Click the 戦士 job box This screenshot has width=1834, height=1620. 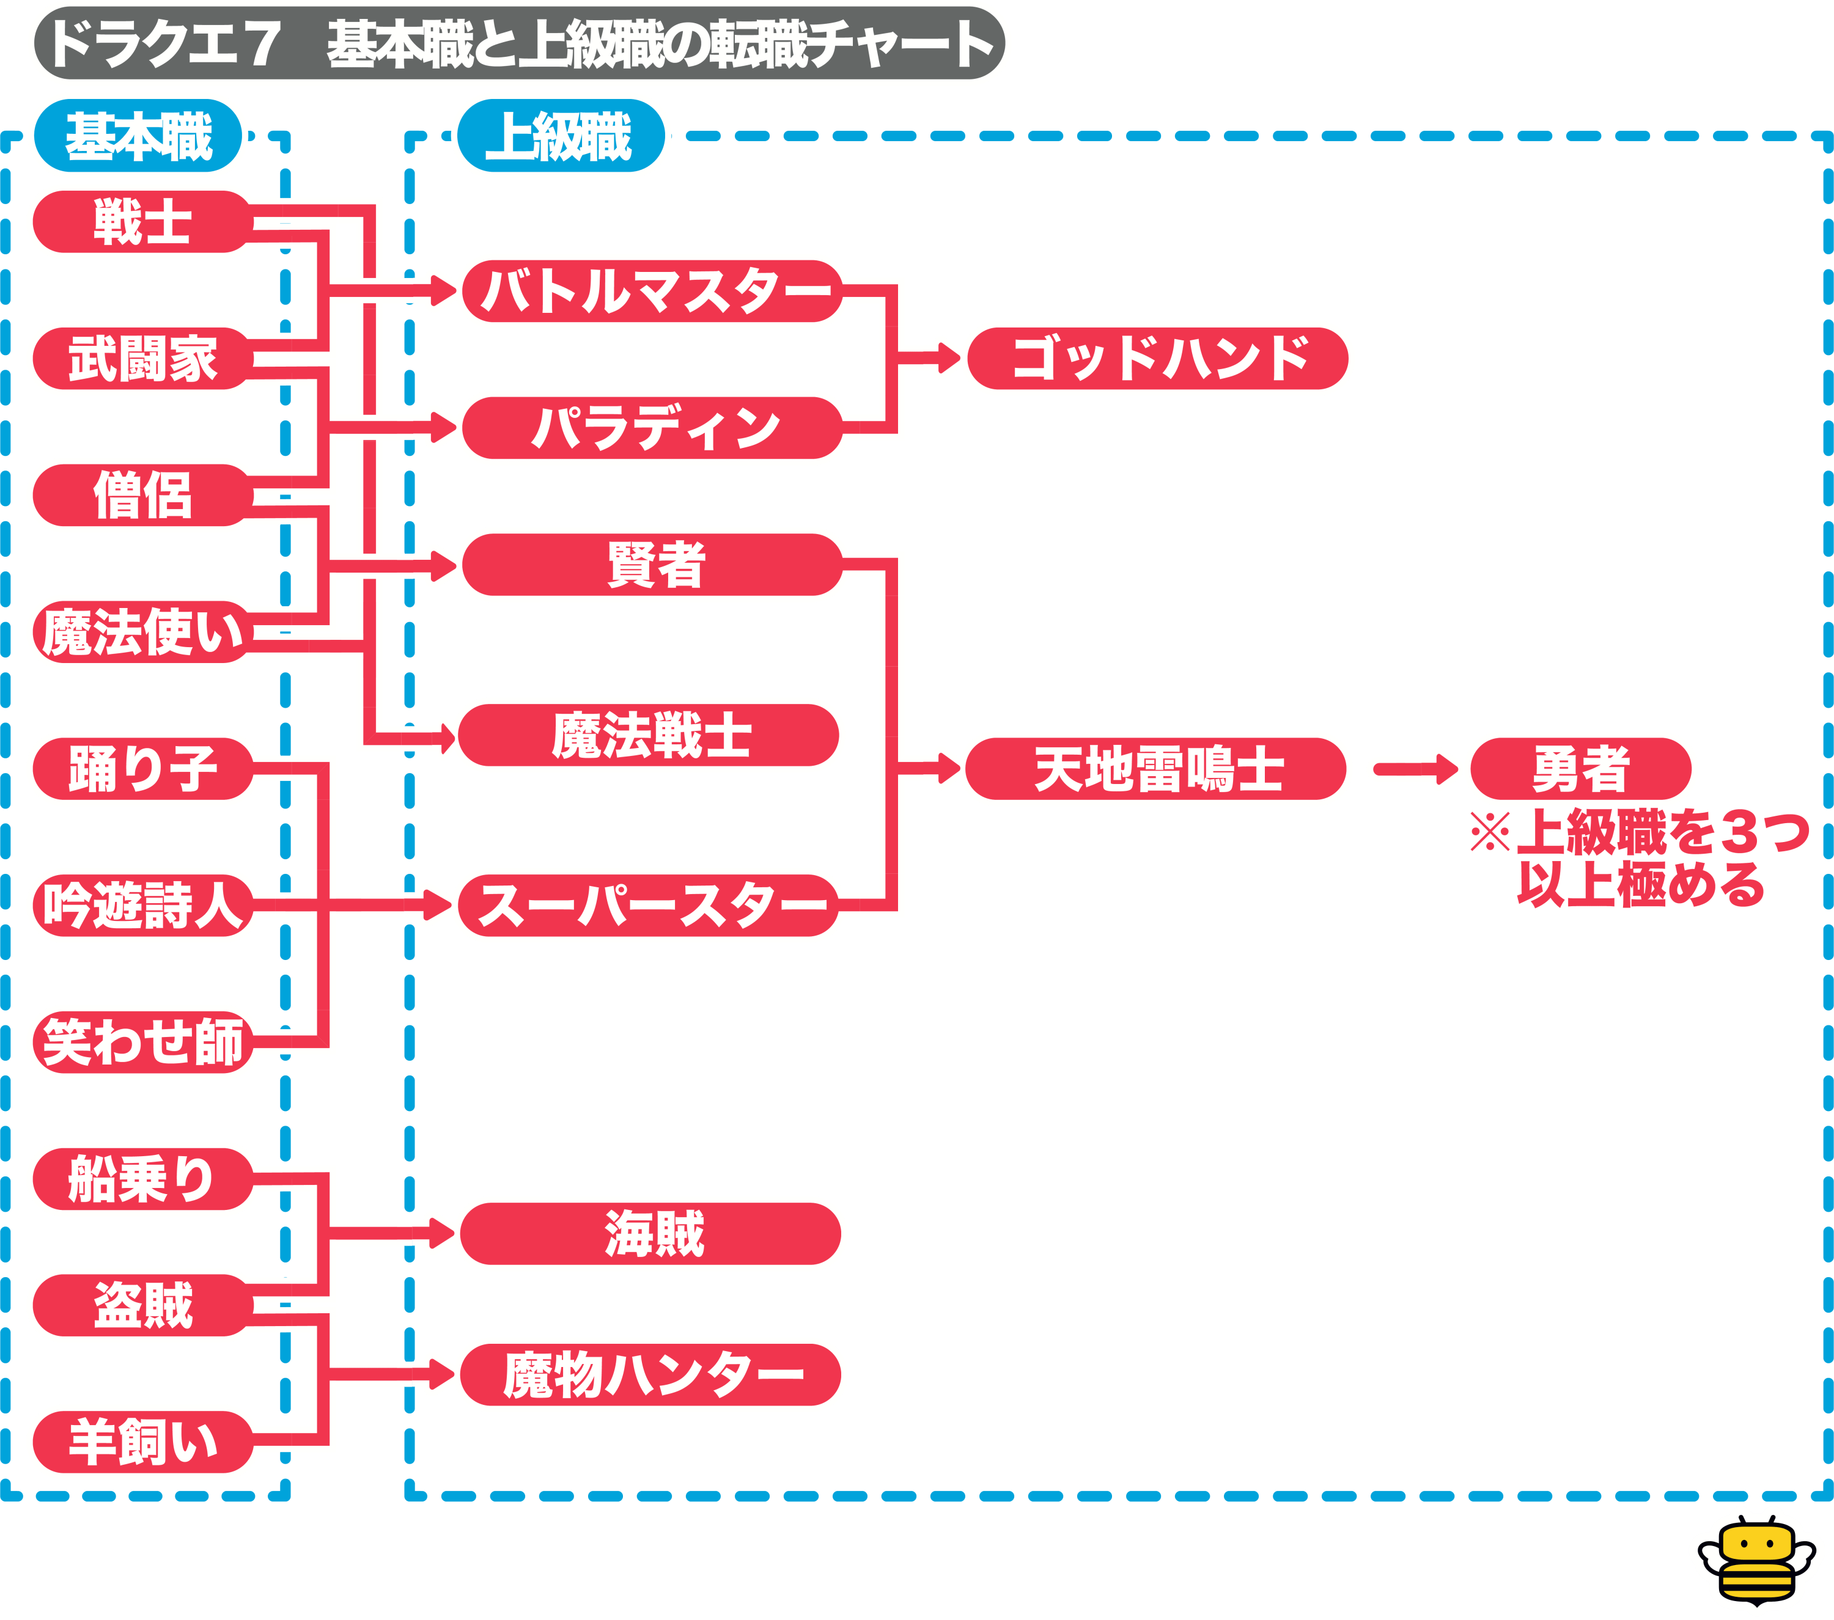pyautogui.click(x=142, y=222)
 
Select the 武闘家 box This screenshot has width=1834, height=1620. pyautogui.click(x=142, y=359)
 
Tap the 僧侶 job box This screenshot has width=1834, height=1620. pyautogui.click(x=142, y=495)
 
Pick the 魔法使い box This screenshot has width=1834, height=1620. pyautogui.click(x=142, y=632)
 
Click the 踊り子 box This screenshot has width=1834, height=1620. pyautogui.click(x=142, y=769)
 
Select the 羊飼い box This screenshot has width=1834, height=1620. pyautogui.click(x=142, y=1442)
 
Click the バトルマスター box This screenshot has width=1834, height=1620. pyautogui.click(x=652, y=291)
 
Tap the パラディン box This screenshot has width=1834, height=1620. pyautogui.click(x=652, y=428)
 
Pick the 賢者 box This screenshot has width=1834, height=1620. pyautogui.click(x=652, y=564)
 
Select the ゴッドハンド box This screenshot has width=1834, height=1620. pyautogui.click(x=1157, y=359)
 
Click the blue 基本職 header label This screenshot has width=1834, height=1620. pyautogui.click(x=138, y=136)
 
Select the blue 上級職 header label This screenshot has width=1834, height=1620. pyautogui.click(x=561, y=136)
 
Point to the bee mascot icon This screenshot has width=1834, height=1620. pyautogui.click(x=1756, y=1561)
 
